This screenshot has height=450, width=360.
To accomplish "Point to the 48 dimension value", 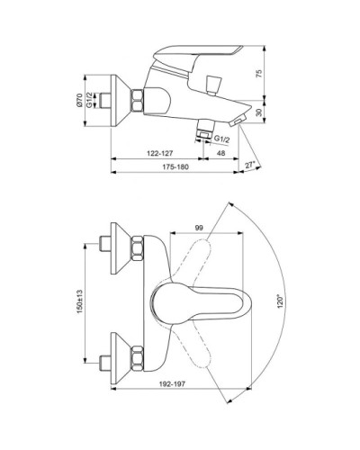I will [x=221, y=153].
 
